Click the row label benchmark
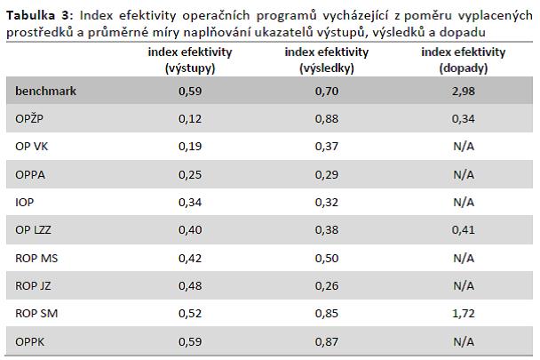tap(46, 91)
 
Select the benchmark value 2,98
tap(464, 92)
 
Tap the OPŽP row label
tap(29, 118)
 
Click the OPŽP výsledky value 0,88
tap(327, 119)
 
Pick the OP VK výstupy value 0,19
tap(190, 147)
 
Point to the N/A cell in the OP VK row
tap(464, 146)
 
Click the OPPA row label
tap(30, 174)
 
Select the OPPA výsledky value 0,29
tap(327, 175)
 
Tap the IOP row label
tap(25, 202)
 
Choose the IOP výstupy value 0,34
tap(190, 203)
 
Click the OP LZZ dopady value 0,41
tap(464, 230)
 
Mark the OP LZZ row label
tap(33, 229)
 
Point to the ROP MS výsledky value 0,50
tap(327, 259)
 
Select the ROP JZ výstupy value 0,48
tap(190, 286)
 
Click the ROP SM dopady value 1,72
tap(464, 314)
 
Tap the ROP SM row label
tap(36, 314)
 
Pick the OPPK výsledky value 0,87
tap(327, 341)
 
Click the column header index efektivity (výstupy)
tap(190, 60)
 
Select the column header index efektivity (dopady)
tap(464, 60)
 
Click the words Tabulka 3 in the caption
tap(38, 15)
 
